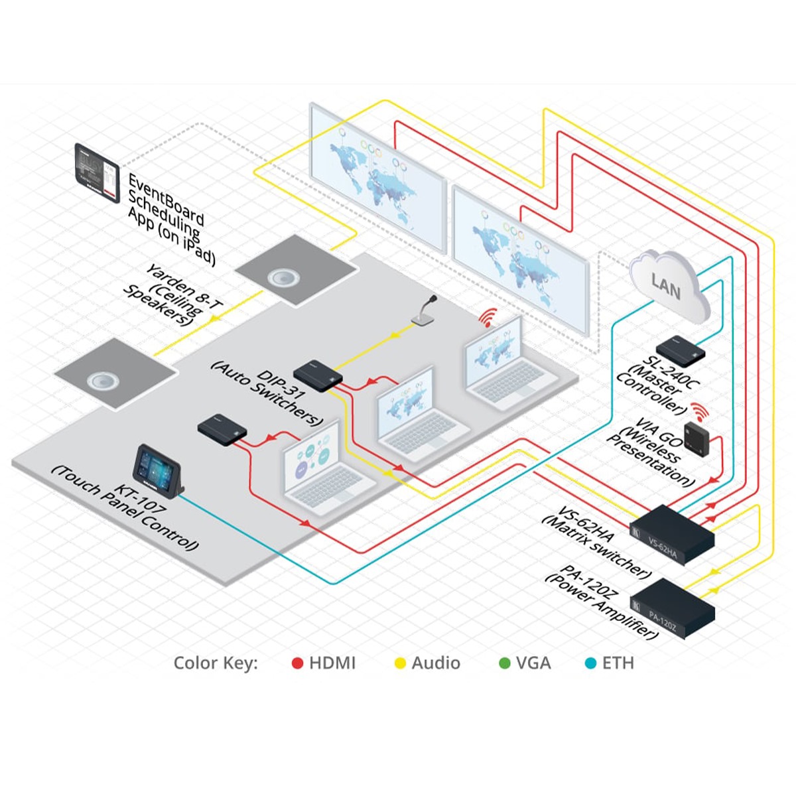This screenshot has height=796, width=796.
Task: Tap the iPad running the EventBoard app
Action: (x=97, y=172)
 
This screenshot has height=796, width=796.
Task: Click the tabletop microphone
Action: (x=425, y=312)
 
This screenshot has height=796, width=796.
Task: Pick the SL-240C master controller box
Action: (x=681, y=352)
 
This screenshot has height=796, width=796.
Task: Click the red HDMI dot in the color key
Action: (x=298, y=663)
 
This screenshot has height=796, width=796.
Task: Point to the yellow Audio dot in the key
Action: (x=400, y=663)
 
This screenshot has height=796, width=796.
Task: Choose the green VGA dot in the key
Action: (x=504, y=663)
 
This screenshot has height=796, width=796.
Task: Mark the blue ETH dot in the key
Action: (x=590, y=663)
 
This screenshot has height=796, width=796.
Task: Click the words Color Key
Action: (x=216, y=663)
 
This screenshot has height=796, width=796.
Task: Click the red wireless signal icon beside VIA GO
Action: (x=698, y=410)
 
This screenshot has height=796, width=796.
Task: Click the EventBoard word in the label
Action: (x=166, y=199)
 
